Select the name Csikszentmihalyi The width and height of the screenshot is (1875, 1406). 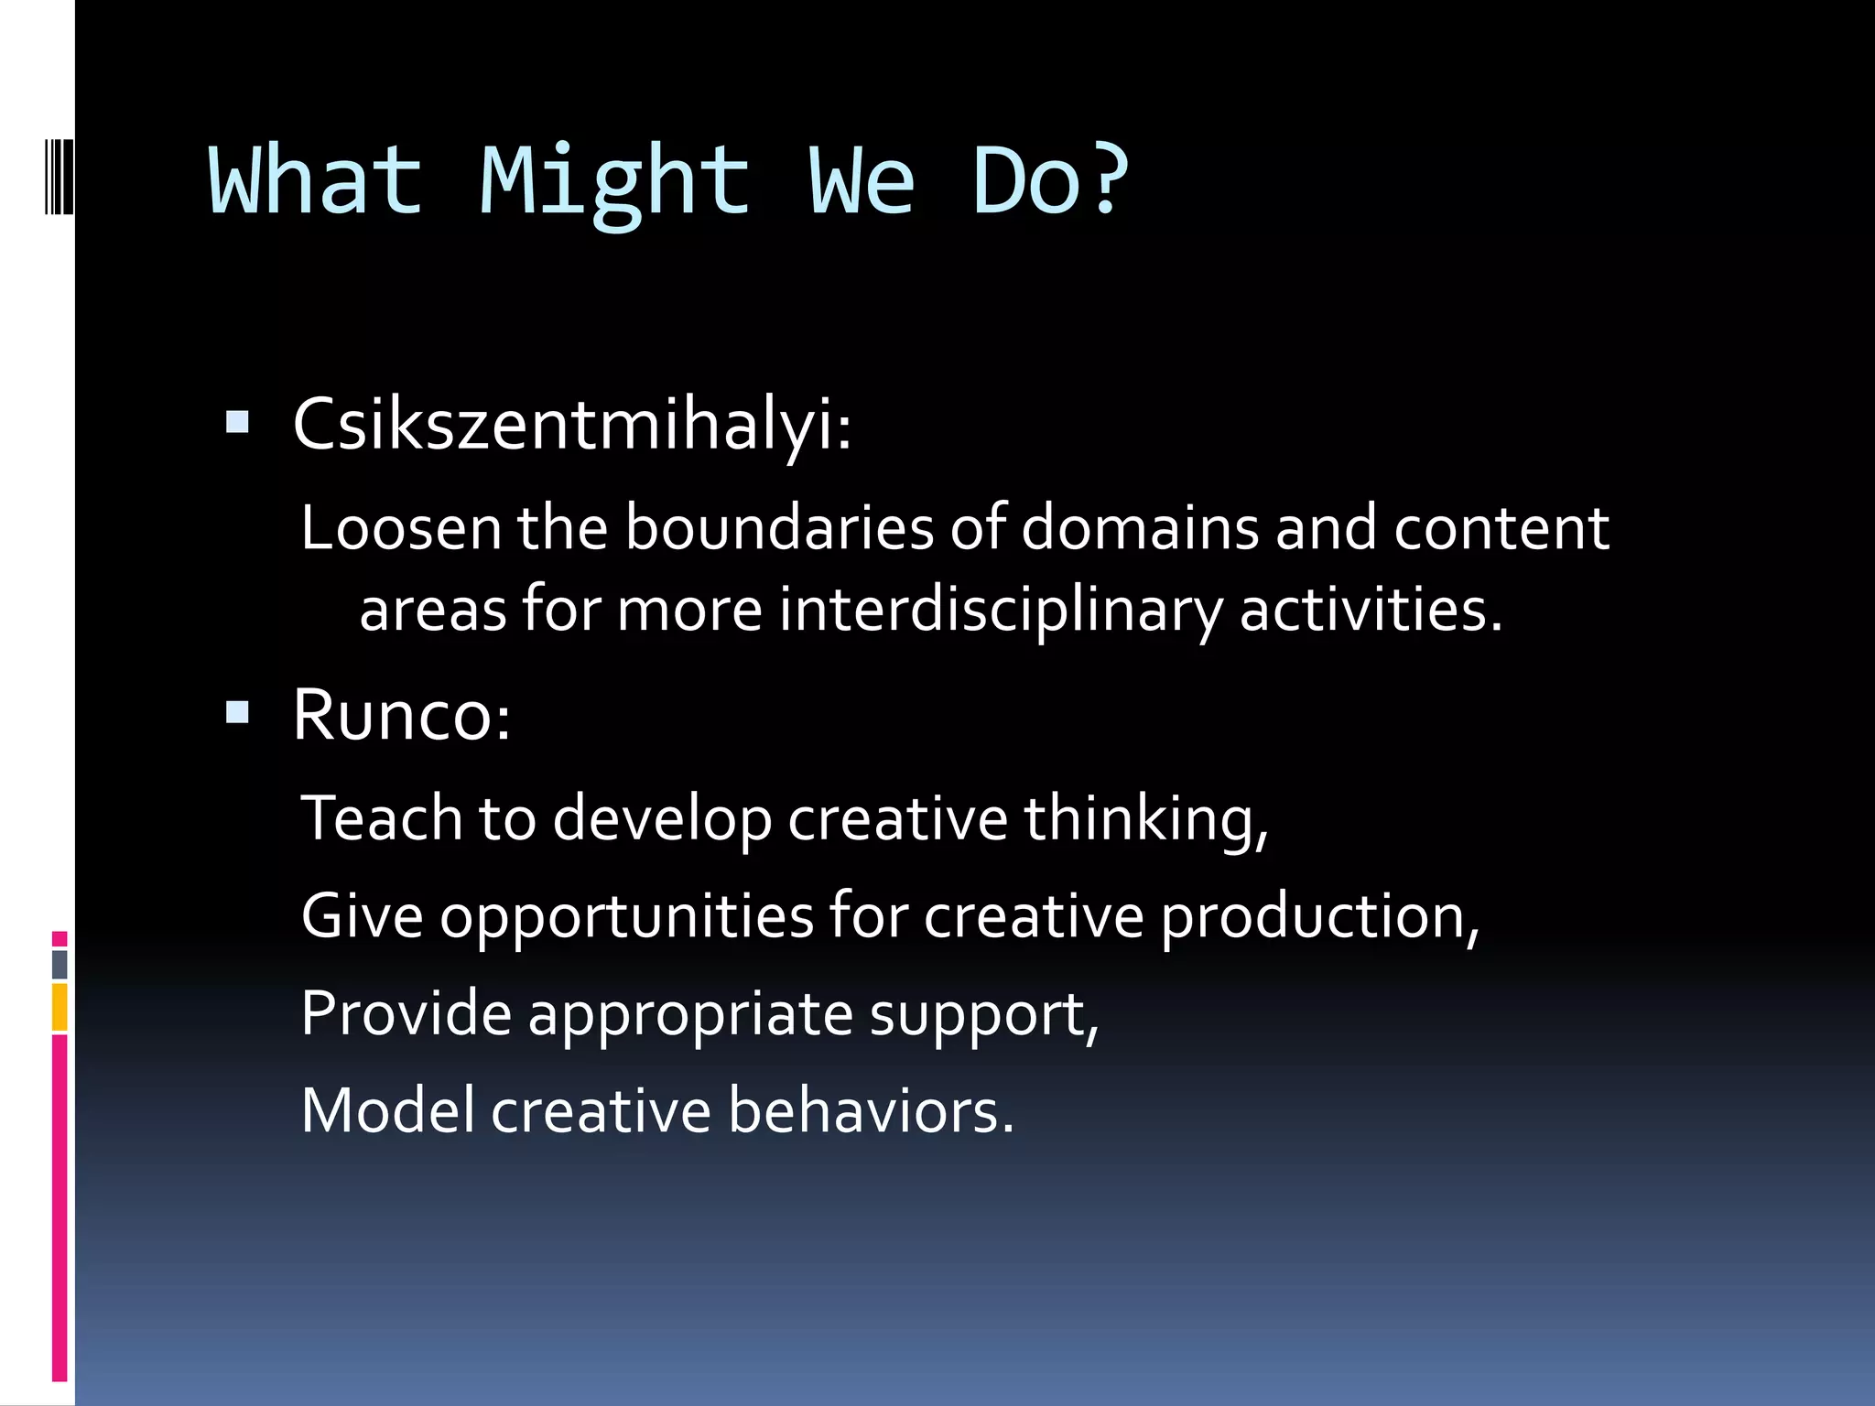coord(569,425)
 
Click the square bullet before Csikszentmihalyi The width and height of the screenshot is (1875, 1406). coord(237,422)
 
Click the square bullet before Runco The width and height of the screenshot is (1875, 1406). coord(237,712)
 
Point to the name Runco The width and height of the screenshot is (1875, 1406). coord(399,715)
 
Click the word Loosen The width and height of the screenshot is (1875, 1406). coord(401,528)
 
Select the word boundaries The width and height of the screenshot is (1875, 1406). coord(779,528)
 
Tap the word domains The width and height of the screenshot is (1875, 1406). coord(1140,528)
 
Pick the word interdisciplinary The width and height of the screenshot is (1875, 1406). coord(1001,611)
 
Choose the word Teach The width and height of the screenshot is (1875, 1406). coord(382,817)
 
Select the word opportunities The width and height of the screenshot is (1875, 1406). coord(626,917)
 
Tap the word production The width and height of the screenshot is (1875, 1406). coord(1318,917)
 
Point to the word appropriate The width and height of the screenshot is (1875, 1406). coord(690,1015)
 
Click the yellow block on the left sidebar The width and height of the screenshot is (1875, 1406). coord(60,1007)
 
